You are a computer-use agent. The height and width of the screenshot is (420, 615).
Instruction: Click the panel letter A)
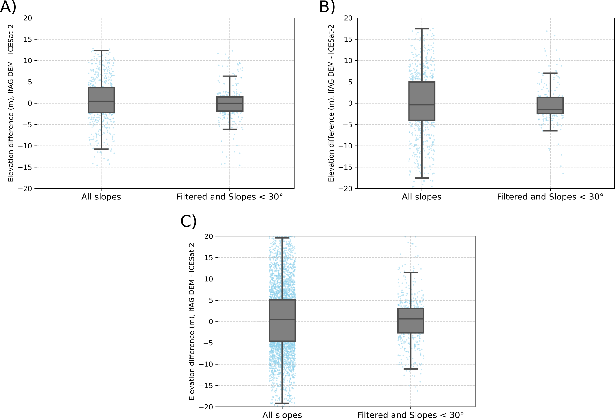[8, 7]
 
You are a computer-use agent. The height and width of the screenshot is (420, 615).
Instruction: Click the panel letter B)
[327, 7]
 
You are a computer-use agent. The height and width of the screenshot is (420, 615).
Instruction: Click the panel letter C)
[188, 221]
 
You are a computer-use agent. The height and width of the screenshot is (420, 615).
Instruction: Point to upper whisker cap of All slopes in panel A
[101, 50]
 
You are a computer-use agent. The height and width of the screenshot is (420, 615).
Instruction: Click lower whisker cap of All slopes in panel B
[422, 178]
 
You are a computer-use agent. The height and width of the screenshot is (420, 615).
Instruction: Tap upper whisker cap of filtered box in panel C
[410, 272]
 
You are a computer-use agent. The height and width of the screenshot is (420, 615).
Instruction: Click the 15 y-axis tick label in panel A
[28, 39]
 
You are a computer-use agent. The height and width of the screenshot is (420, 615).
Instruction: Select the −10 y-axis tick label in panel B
[345, 146]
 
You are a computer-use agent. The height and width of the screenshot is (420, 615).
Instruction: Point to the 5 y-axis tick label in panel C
[211, 300]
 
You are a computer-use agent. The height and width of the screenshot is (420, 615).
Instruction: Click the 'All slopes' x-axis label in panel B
[422, 197]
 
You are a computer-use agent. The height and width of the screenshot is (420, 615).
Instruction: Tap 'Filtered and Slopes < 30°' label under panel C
[410, 415]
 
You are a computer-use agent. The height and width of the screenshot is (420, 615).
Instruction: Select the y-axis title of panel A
[11, 103]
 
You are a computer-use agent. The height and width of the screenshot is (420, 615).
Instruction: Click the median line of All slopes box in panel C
[282, 319]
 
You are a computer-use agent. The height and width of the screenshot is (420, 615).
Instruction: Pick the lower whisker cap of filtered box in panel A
[230, 129]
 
